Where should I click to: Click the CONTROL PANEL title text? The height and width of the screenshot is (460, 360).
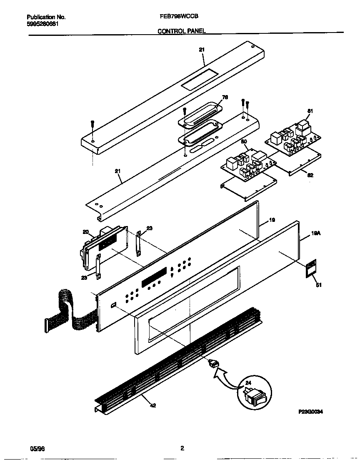tap(181, 31)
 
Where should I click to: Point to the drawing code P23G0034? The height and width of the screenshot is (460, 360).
tap(311, 412)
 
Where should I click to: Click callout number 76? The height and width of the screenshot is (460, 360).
tap(225, 98)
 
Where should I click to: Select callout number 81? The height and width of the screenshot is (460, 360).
tap(310, 111)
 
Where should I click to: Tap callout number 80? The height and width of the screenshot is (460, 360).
tap(244, 142)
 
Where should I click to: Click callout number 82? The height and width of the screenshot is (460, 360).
tap(310, 176)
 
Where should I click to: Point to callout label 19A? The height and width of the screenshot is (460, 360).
tap(316, 234)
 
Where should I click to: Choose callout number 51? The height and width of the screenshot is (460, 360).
tap(319, 285)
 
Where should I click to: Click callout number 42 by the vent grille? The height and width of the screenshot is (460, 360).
tap(152, 405)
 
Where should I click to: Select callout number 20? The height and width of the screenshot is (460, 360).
tap(85, 232)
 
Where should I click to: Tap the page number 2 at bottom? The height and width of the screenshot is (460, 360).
tap(182, 448)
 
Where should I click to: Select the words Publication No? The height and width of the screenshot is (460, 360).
tap(46, 17)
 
